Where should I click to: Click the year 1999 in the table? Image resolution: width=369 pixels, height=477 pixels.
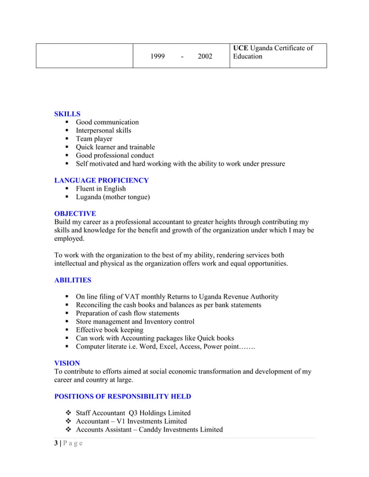(x=157, y=57)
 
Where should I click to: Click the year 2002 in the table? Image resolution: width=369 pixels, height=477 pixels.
(x=205, y=57)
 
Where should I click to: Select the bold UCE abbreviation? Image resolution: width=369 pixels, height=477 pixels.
(x=240, y=48)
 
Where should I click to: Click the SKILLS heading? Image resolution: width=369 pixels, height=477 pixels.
(x=67, y=114)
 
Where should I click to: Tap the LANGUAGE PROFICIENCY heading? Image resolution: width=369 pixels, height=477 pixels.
(x=101, y=180)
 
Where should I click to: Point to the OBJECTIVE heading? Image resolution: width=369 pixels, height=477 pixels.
(x=75, y=214)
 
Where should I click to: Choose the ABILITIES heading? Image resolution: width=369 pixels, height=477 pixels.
(x=72, y=280)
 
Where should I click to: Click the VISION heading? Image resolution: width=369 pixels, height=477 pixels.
(x=67, y=363)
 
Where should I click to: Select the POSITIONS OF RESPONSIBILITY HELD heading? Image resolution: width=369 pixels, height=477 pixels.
(x=122, y=397)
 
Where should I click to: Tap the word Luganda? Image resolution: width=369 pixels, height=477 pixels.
(x=90, y=197)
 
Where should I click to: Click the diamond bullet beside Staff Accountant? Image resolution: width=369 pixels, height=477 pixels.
(x=68, y=413)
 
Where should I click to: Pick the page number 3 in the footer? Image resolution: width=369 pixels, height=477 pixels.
(x=56, y=444)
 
